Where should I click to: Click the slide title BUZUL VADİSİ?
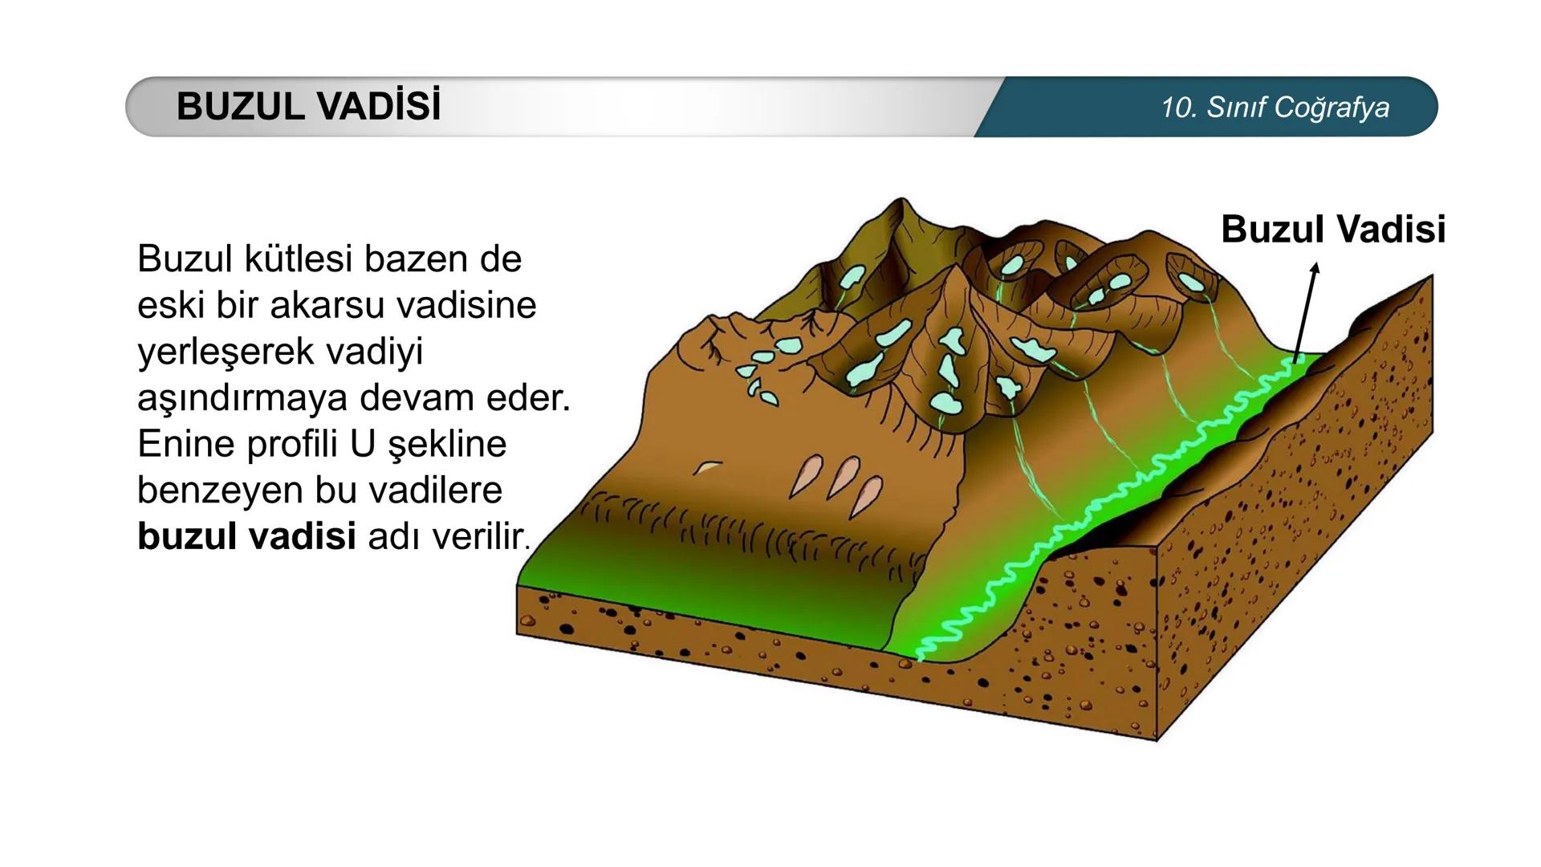309,106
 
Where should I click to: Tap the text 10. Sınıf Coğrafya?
1275,107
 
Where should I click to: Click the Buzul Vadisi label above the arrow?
1333,229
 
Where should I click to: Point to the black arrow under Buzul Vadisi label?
1305,313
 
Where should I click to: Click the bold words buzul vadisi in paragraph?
246,535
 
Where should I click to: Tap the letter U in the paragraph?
363,444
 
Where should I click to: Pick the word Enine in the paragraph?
186,444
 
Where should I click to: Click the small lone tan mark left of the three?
707,467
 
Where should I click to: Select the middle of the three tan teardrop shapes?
844,478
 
